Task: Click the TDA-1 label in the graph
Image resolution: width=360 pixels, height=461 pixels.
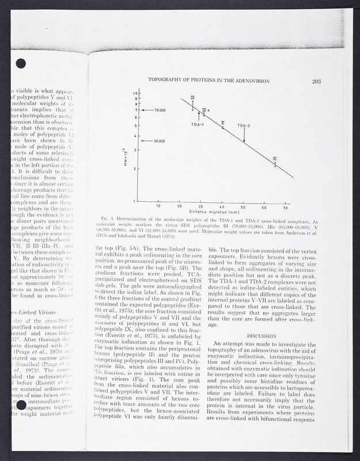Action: point(199,124)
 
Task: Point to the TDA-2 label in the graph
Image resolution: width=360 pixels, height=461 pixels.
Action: point(244,125)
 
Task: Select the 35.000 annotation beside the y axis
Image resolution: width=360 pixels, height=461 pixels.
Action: point(158,141)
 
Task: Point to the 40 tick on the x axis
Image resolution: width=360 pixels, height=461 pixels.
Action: point(222,206)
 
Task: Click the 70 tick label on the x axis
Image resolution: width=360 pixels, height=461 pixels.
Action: point(285,206)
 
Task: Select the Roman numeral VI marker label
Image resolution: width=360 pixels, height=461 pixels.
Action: point(275,158)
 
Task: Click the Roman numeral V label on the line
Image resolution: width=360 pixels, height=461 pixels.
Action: point(223,123)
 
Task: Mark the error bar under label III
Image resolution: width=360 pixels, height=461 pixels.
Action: point(193,105)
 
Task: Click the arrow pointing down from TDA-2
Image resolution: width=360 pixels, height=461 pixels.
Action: point(244,135)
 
